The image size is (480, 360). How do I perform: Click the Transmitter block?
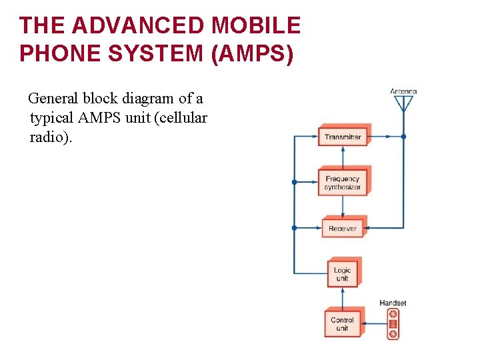coord(343,137)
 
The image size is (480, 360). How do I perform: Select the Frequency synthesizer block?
coord(343,183)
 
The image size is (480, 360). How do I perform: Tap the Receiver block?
coord(343,228)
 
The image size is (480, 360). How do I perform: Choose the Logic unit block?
coord(343,274)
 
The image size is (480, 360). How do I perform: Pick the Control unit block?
coord(343,324)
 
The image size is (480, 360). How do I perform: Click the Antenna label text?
coord(403,91)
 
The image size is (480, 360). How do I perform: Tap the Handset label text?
coord(393,303)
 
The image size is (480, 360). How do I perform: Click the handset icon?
coord(393,324)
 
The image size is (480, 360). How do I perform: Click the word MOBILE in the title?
coord(257,26)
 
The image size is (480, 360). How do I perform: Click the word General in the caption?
coord(53,99)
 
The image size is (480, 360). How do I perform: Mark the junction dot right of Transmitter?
coord(403,137)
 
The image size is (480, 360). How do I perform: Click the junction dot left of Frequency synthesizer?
coord(294,182)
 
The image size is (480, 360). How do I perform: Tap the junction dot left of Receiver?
coord(294,228)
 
